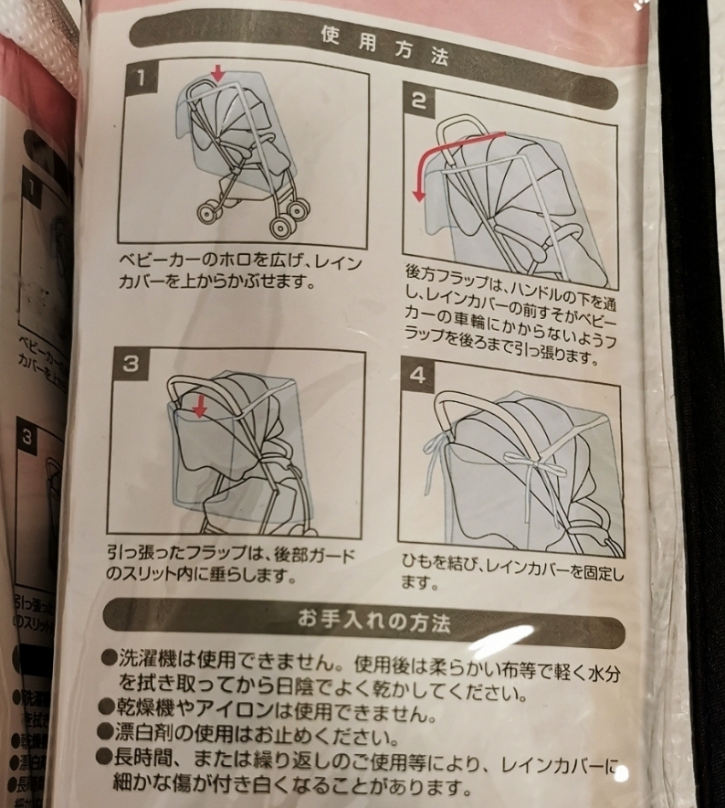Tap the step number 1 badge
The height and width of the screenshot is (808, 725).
(142, 79)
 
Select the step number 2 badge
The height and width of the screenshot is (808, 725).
(418, 101)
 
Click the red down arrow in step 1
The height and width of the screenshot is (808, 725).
(215, 72)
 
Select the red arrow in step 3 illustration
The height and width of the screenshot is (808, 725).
(199, 401)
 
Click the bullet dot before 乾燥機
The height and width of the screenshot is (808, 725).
(107, 710)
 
